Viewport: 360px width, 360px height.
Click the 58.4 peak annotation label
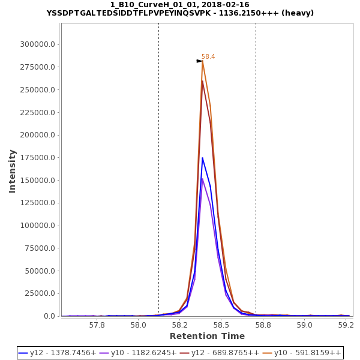(208, 56)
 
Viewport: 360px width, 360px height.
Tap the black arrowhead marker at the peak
(199, 61)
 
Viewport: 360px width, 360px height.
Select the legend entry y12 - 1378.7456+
(58, 353)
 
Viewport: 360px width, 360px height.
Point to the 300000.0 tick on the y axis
(38, 44)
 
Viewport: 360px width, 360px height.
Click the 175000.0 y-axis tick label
(38, 158)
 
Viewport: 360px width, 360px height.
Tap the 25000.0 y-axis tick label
(40, 294)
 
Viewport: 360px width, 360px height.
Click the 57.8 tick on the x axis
(97, 325)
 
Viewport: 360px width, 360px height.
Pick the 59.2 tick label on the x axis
(346, 325)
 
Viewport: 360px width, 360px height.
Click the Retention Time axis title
(207, 336)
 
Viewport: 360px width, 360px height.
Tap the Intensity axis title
(12, 171)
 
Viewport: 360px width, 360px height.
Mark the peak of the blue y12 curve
(202, 158)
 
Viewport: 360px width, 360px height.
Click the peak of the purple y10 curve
(202, 179)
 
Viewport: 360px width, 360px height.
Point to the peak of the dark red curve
(202, 81)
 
